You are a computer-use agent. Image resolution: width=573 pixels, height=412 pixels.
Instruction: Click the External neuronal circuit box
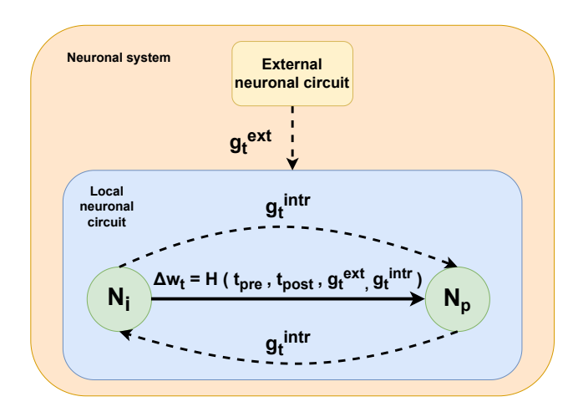292,74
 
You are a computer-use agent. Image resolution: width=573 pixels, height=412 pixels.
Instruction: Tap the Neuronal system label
118,58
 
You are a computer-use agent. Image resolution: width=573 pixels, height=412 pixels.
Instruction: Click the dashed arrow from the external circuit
293,134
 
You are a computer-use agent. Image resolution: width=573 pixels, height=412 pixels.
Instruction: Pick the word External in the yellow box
292,64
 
